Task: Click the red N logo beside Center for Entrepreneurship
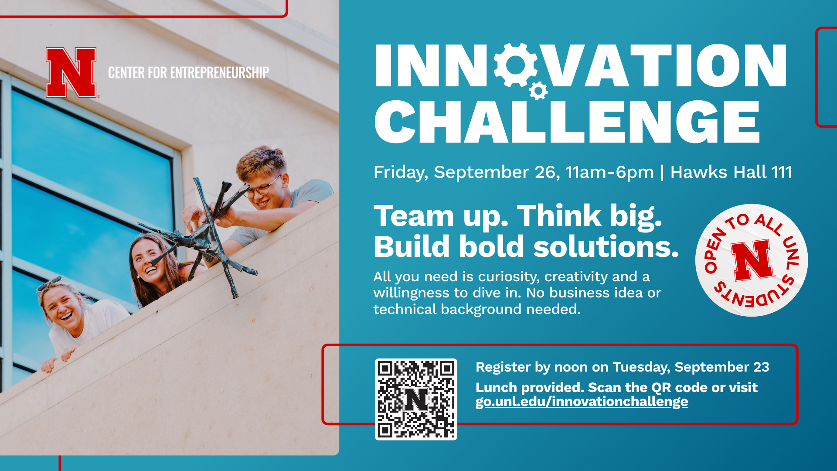click(71, 72)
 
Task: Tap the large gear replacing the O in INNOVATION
click(516, 65)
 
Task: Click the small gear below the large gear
click(538, 91)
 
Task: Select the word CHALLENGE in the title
click(567, 122)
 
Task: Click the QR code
click(416, 399)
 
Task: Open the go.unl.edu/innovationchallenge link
click(582, 402)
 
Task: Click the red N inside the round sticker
click(752, 260)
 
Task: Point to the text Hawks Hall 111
click(731, 172)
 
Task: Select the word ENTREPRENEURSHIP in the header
click(219, 72)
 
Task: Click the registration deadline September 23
click(722, 367)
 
